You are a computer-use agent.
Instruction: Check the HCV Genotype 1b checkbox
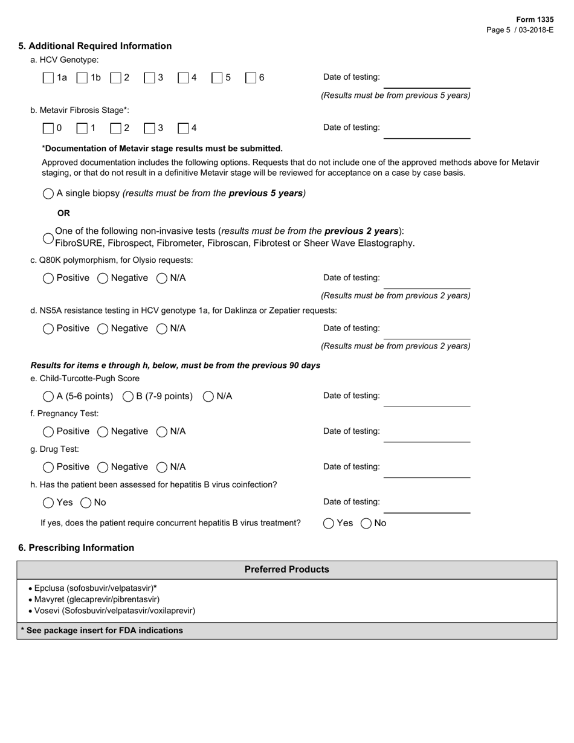[82, 78]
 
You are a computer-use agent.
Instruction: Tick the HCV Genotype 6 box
[251, 78]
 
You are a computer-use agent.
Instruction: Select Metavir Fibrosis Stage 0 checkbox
[48, 128]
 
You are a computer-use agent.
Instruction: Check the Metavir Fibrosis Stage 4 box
[183, 128]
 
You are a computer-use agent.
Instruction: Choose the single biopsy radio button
[48, 194]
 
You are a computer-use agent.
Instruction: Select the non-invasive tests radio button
[48, 238]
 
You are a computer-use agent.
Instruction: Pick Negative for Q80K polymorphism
[103, 278]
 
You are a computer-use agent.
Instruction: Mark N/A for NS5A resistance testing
[162, 329]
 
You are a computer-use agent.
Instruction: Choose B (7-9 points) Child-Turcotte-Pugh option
[128, 397]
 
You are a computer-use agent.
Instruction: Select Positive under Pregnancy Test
[48, 432]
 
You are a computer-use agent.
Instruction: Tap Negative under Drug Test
[103, 468]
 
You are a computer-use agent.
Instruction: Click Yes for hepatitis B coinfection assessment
[48, 503]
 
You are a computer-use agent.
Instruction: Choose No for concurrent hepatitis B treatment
[366, 524]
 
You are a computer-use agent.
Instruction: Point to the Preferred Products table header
[286, 570]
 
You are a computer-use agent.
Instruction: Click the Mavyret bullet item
[97, 599]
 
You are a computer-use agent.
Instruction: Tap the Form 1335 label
[535, 19]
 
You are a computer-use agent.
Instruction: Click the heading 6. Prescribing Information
[76, 548]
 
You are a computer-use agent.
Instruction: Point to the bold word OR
[63, 213]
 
